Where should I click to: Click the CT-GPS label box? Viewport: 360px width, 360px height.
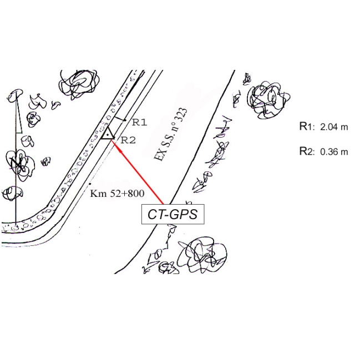173,214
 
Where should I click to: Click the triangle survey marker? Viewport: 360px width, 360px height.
108,133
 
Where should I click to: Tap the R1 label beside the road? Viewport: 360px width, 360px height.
139,122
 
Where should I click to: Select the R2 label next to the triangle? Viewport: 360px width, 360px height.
128,140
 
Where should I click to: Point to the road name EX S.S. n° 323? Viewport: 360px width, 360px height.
171,134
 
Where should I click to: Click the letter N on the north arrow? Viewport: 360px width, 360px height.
15,162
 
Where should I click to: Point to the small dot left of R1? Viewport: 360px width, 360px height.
125,119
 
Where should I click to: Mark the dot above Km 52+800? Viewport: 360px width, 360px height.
89,184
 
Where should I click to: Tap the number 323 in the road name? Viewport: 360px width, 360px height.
181,119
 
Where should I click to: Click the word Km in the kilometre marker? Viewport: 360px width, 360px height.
96,194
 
